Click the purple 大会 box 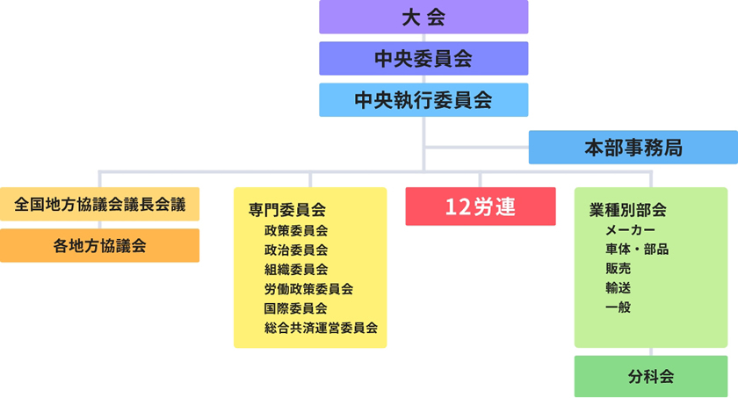(423, 17)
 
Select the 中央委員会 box (423, 58)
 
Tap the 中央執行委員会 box (423, 100)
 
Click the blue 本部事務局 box (633, 148)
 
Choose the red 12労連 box (481, 206)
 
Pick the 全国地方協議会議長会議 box (100, 204)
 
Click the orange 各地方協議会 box (100, 245)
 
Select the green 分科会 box (651, 376)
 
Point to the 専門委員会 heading (287, 210)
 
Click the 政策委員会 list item (295, 231)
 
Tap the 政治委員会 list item (295, 250)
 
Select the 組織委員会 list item (295, 270)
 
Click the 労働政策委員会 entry (308, 289)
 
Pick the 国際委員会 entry (295, 308)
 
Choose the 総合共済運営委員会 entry (321, 328)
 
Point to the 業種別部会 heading (627, 210)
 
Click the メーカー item (630, 230)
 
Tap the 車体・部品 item (637, 250)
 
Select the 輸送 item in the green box (618, 288)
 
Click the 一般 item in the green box (618, 308)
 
